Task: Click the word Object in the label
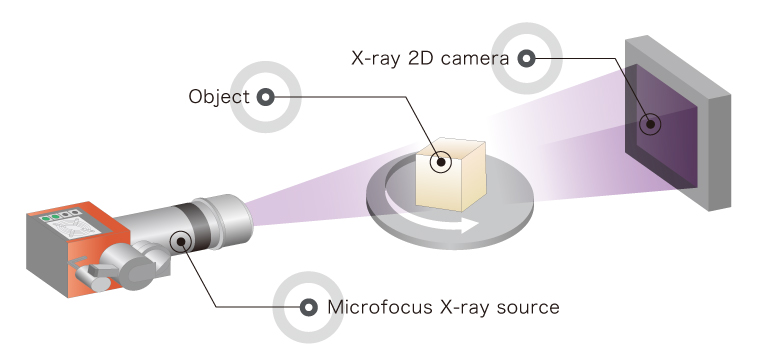pyautogui.click(x=219, y=97)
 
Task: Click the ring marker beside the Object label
pyautogui.click(x=265, y=97)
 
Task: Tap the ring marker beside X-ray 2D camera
pyautogui.click(x=527, y=59)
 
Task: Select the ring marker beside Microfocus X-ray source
pyautogui.click(x=308, y=308)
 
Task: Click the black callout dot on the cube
pyautogui.click(x=441, y=162)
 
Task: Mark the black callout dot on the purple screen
pyautogui.click(x=650, y=124)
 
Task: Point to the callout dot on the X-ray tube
pyautogui.click(x=181, y=241)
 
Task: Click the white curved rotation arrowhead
pyautogui.click(x=469, y=226)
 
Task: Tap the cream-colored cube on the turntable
pyautogui.click(x=451, y=175)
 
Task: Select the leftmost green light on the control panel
pyautogui.click(x=46, y=218)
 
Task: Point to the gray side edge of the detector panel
pyautogui.click(x=720, y=152)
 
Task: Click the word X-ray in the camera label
pyautogui.click(x=377, y=59)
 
